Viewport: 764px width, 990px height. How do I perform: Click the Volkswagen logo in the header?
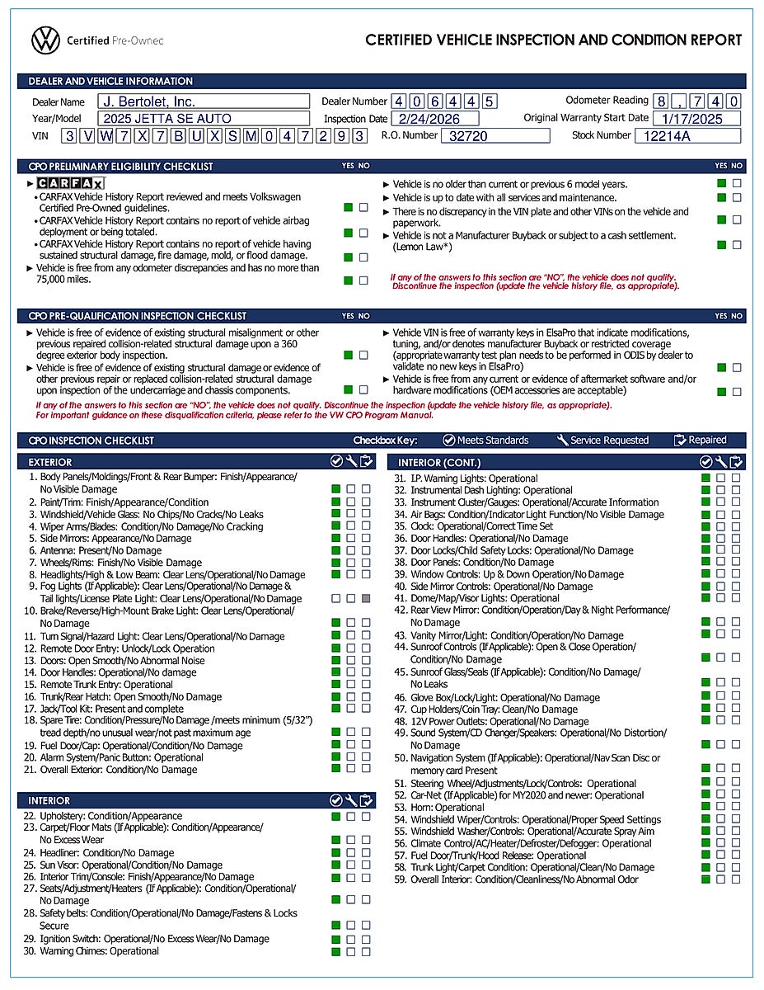pyautogui.click(x=45, y=40)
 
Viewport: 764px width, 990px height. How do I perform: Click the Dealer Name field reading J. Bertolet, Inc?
pyautogui.click(x=204, y=101)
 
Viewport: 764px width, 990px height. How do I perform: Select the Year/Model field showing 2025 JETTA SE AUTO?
pyautogui.click(x=204, y=119)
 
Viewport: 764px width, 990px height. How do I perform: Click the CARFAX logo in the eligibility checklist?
pyautogui.click(x=70, y=183)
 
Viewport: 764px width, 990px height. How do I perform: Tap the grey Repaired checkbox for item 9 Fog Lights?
pyautogui.click(x=365, y=598)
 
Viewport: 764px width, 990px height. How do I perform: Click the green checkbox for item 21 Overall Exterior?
pyautogui.click(x=335, y=769)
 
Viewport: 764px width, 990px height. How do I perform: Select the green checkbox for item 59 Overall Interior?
pyautogui.click(x=705, y=879)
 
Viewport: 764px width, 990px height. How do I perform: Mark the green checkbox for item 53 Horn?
pyautogui.click(x=705, y=807)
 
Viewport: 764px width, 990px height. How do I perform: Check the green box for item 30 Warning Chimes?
pyautogui.click(x=335, y=951)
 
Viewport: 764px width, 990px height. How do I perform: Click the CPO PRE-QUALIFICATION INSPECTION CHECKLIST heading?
pyautogui.click(x=138, y=316)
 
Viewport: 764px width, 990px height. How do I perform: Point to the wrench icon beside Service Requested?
pyautogui.click(x=563, y=441)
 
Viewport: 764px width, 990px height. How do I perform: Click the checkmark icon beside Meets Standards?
pyautogui.click(x=449, y=441)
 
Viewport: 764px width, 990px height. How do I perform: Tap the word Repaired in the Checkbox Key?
pyautogui.click(x=708, y=441)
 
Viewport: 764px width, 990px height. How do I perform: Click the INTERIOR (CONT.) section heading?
pyautogui.click(x=439, y=463)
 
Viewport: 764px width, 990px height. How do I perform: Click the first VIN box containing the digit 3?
pyautogui.click(x=71, y=136)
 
